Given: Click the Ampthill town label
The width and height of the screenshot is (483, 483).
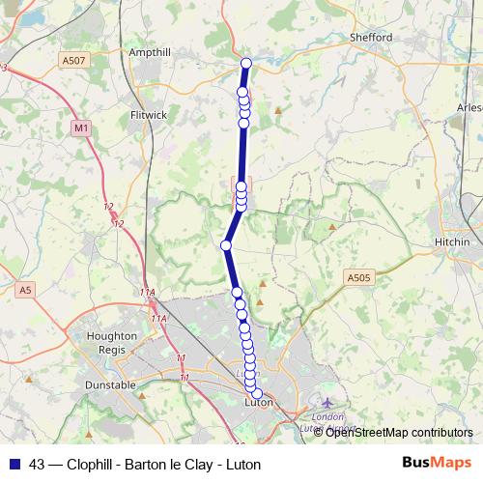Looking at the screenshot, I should pyautogui.click(x=151, y=52).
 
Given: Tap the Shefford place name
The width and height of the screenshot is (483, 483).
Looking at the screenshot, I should pyautogui.click(x=372, y=38).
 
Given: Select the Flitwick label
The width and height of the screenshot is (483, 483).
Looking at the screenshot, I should pyautogui.click(x=149, y=114).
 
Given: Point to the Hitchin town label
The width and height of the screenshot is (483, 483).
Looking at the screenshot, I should pyautogui.click(x=452, y=241).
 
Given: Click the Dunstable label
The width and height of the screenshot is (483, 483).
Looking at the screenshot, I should pyautogui.click(x=111, y=384).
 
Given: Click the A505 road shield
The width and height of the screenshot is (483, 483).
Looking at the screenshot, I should pyautogui.click(x=358, y=278).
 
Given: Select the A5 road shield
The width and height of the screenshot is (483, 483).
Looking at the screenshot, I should pyautogui.click(x=25, y=289).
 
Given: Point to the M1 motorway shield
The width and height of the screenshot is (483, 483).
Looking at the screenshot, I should pyautogui.click(x=80, y=127).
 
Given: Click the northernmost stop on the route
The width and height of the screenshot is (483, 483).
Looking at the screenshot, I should pyautogui.click(x=245, y=64).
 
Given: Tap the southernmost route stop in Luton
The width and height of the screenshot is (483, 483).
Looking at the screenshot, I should pyautogui.click(x=257, y=393).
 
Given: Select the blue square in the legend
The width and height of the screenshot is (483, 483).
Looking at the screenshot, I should pyautogui.click(x=14, y=465).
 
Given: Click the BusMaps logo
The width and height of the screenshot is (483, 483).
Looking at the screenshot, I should pyautogui.click(x=437, y=464).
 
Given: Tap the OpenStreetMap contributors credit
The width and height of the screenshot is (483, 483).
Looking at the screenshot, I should pyautogui.click(x=399, y=432).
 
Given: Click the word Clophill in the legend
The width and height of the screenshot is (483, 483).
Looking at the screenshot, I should pyautogui.click(x=93, y=465).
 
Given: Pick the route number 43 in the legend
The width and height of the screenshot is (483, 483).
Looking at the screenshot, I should pyautogui.click(x=38, y=465).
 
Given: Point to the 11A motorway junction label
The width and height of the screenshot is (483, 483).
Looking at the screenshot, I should pyautogui.click(x=146, y=293).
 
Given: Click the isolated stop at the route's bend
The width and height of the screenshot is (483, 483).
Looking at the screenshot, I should pyautogui.click(x=226, y=245).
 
